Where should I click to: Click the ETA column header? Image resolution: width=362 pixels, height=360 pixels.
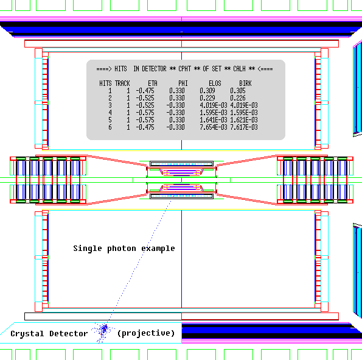153,83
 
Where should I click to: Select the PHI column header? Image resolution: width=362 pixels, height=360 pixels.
183,83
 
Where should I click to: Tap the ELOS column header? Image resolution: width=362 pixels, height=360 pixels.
215,83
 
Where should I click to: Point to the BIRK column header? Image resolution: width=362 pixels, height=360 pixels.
245,83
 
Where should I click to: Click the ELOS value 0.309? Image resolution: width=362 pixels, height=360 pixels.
207,91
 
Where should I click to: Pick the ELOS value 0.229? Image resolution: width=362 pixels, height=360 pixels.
207,98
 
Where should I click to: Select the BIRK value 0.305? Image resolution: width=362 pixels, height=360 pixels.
238,91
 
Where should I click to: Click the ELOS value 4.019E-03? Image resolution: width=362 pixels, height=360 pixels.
214,105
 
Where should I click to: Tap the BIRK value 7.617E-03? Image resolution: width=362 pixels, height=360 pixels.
244,127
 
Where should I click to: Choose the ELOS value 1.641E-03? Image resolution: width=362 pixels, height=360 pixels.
214,120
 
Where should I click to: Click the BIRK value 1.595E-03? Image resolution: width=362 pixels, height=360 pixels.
244,113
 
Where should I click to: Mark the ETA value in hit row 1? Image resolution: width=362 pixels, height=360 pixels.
145,91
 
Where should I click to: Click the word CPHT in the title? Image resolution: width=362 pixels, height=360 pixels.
185,69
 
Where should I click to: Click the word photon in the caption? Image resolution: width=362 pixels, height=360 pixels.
122,249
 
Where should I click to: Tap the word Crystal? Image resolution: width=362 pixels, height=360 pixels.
27,334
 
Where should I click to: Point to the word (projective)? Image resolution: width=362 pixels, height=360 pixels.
146,333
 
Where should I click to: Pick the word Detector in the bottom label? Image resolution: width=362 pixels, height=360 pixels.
69,333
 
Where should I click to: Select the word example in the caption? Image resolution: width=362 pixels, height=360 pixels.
158,249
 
